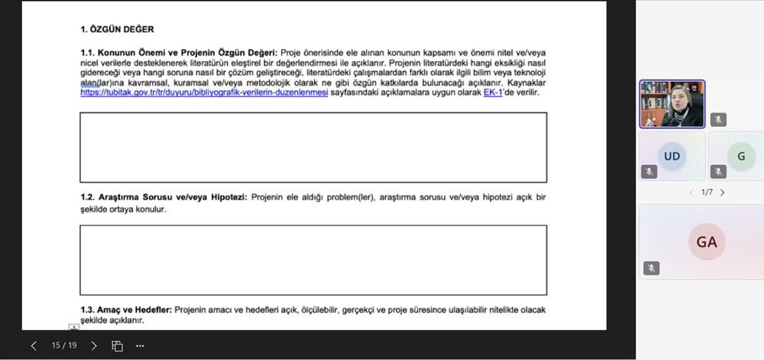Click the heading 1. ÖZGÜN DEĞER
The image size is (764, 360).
pos(117,30)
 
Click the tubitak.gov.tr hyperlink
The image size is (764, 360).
pos(204,92)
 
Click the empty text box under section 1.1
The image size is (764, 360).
pos(313,148)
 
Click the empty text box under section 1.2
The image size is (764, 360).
pos(313,260)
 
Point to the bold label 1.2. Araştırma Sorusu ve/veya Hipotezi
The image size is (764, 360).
pos(163,197)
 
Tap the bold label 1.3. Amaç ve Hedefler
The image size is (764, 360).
pos(126,310)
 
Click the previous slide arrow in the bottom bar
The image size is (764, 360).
pos(34,345)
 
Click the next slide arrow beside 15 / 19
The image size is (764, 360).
pos(94,345)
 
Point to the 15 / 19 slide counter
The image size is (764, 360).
pos(64,345)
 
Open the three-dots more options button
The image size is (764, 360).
pos(140,345)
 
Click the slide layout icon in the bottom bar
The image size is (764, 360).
pos(117,345)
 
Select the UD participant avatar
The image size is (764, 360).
pos(672,156)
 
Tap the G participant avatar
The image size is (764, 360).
pos(740,156)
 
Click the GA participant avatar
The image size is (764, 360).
pos(706,242)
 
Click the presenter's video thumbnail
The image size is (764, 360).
pos(672,104)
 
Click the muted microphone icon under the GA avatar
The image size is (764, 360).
pos(651,268)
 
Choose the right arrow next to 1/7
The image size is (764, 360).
pos(723,193)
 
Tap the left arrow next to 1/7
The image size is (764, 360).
pos(691,193)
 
